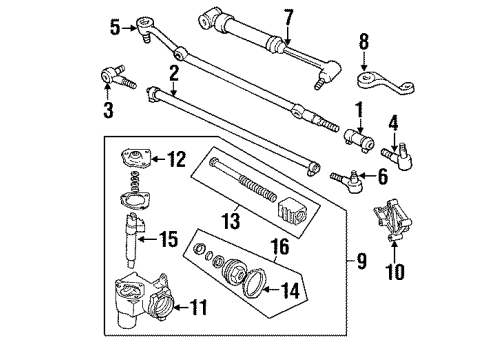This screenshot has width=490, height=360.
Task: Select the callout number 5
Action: click(x=113, y=27)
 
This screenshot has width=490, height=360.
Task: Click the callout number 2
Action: click(x=173, y=71)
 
